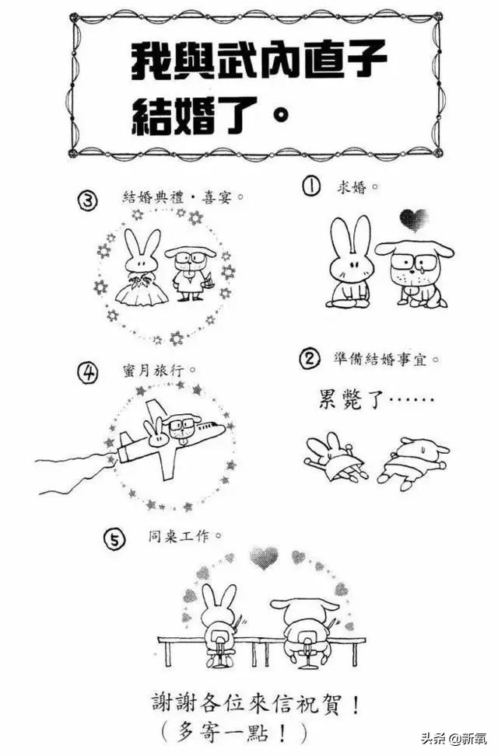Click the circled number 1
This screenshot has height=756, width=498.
[x=311, y=186]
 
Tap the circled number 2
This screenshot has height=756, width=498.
[x=310, y=359]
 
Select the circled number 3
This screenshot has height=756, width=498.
[x=87, y=201]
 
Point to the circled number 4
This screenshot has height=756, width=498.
[x=87, y=373]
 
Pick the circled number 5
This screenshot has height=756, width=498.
[x=114, y=539]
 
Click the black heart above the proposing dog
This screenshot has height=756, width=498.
[x=414, y=220]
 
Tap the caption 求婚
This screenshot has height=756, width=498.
[x=352, y=187]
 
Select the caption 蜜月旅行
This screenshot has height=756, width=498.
[x=153, y=371]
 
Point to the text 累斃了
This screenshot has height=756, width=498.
[x=351, y=399]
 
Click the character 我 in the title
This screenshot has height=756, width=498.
[x=150, y=61]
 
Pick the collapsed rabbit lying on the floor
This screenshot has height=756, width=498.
[x=335, y=457]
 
